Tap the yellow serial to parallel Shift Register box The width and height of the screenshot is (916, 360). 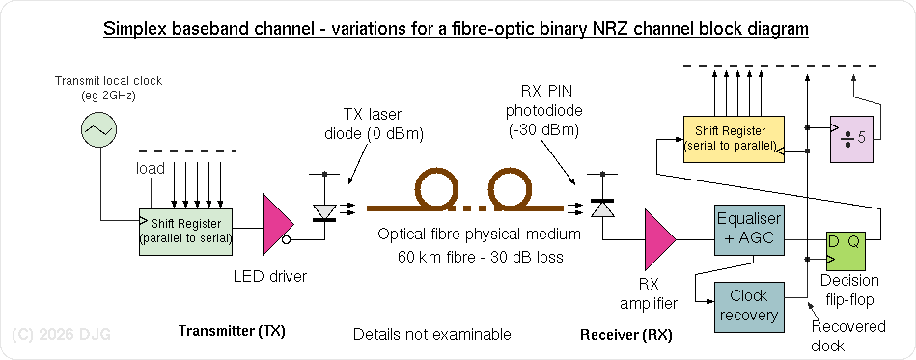tap(732, 138)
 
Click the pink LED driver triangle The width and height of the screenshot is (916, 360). tap(279, 224)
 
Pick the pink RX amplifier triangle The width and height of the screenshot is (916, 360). tap(660, 239)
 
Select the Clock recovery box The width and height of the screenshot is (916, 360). tap(748, 306)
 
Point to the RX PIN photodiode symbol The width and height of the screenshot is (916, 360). tap(602, 208)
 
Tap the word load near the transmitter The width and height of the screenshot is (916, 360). tap(150, 169)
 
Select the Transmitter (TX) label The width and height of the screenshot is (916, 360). tap(233, 332)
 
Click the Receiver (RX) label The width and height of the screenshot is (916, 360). tap(625, 335)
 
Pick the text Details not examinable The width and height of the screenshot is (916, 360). tap(431, 335)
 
